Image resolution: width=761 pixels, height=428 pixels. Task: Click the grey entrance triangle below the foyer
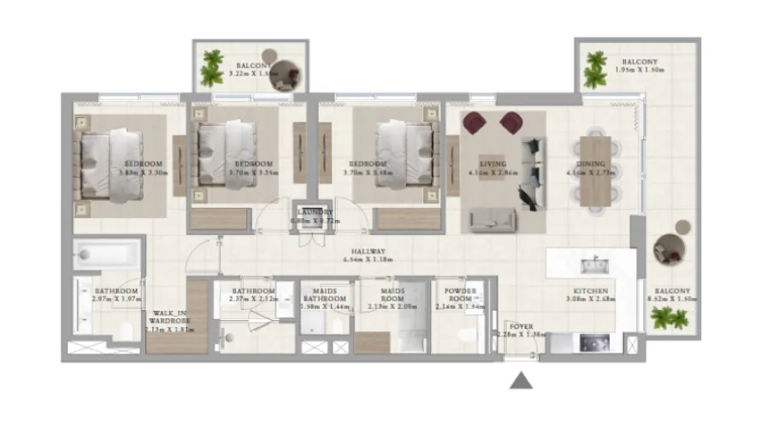(521, 380)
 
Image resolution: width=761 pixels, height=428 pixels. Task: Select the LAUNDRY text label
(316, 212)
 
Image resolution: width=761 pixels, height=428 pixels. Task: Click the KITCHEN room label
(591, 291)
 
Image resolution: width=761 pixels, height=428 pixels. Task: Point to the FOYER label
(521, 326)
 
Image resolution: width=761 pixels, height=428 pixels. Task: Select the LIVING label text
(493, 163)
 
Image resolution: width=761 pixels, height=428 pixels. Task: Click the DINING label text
(591, 163)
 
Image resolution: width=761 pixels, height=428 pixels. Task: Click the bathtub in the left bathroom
(107, 254)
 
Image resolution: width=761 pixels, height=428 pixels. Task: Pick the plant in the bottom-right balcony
(670, 318)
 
